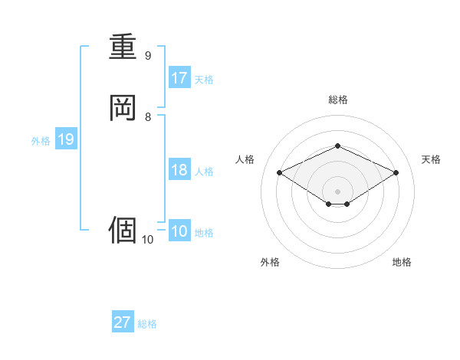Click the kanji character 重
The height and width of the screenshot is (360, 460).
[123, 47]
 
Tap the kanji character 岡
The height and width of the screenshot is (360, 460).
[123, 108]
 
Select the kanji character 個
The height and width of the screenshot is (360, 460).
[123, 229]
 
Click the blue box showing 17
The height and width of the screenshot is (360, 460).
[179, 78]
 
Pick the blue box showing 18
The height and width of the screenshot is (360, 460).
[179, 170]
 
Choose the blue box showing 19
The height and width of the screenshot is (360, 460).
[66, 139]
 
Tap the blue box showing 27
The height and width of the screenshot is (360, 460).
[123, 322]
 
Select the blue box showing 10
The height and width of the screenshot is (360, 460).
[179, 231]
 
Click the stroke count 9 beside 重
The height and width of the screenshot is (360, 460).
[148, 56]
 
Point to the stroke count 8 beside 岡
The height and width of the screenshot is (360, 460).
[148, 117]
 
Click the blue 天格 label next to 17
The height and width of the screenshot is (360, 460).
[204, 80]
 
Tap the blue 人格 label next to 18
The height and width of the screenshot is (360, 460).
[204, 172]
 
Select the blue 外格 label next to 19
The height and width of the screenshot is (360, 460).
[41, 141]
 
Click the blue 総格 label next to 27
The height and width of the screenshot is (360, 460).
[147, 324]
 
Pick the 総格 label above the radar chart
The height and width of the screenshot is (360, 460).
[337, 100]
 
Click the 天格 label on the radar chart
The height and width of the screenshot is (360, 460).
[432, 159]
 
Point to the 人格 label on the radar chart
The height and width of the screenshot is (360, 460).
[245, 159]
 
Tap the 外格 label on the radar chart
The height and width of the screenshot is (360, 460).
[270, 262]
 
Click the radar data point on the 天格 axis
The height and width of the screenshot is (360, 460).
[396, 172]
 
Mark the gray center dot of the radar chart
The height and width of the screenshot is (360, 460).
[337, 191]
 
